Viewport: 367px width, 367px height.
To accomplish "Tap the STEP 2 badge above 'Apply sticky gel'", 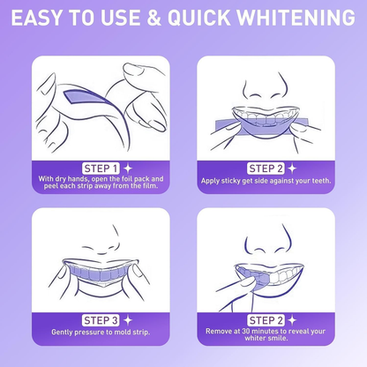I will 265,167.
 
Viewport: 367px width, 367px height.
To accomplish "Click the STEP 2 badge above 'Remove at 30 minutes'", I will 265,319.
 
